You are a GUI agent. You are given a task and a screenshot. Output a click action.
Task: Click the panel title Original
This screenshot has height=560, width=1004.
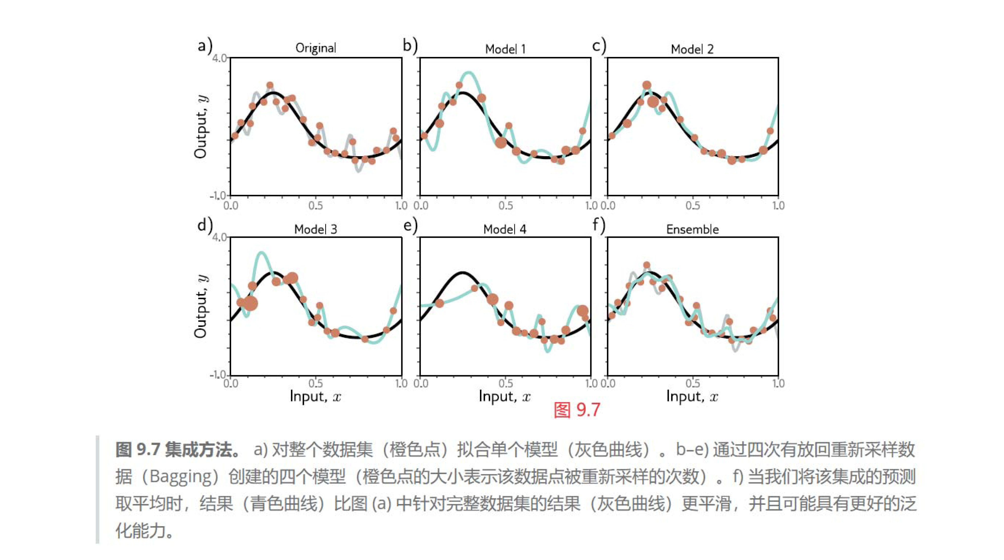coord(315,48)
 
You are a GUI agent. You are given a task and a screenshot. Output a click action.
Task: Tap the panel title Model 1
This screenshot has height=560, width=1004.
coord(505,49)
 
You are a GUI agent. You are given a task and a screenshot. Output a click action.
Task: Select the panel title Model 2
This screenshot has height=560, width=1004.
coord(692,49)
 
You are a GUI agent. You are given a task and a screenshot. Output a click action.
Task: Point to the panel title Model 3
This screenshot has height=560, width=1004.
coord(315,229)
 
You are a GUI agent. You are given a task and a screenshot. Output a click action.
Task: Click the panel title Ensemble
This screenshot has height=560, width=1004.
coord(692,229)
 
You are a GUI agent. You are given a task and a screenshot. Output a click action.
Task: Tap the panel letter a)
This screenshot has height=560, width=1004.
coord(205,45)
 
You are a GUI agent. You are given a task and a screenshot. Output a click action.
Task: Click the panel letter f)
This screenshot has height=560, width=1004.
coord(599,225)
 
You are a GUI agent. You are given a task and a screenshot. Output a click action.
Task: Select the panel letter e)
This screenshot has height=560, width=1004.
coord(410,225)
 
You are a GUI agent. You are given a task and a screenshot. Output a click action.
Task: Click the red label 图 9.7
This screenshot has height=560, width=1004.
coord(577,410)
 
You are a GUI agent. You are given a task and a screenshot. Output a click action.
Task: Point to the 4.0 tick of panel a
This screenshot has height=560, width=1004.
coord(219,58)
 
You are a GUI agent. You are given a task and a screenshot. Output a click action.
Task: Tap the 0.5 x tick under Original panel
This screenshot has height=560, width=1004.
coord(315,205)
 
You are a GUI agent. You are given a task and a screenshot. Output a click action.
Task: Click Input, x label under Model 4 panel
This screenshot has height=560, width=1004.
coord(505,396)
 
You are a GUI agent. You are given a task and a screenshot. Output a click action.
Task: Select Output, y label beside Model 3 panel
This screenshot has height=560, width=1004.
coord(201,306)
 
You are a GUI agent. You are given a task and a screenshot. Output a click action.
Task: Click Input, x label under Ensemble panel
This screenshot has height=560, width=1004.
coord(692,396)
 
